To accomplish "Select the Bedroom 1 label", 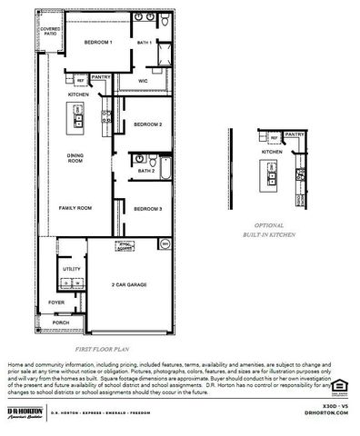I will tap(97, 43).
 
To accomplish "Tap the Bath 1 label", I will tap(144, 43).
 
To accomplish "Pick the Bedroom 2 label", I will tap(147, 124).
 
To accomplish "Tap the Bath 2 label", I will tap(145, 170).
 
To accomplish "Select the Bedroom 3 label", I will tap(147, 209).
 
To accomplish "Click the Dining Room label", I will tap(75, 160).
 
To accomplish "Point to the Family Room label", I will tap(75, 208).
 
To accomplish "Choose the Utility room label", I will tap(72, 269).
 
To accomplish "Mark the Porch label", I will tap(61, 322).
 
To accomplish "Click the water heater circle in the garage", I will tap(165, 243).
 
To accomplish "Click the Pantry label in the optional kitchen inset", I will tap(294, 134).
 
